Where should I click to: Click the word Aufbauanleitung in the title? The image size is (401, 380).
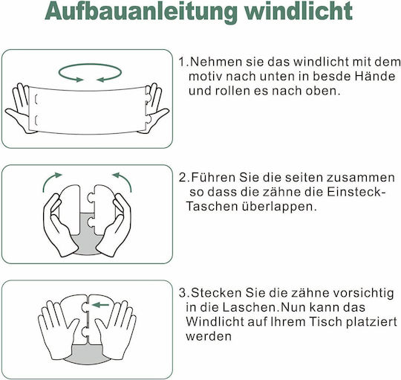coord(140,12)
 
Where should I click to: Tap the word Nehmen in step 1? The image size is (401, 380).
coord(216,62)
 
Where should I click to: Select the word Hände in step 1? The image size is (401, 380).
coord(375,77)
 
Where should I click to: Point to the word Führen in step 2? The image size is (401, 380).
coord(213,178)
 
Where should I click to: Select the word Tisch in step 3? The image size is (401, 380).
coord(325,321)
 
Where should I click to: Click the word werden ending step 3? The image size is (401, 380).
coord(209,336)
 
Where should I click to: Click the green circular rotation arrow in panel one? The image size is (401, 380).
coord(90,65)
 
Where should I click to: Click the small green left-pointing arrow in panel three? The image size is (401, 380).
coord(100,305)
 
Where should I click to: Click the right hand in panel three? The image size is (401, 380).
coord(116,329)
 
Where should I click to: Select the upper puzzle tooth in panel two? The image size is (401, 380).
coord(91,198)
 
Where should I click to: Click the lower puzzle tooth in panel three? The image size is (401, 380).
coord(85,332)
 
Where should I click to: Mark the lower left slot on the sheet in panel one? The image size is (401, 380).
coord(36,120)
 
